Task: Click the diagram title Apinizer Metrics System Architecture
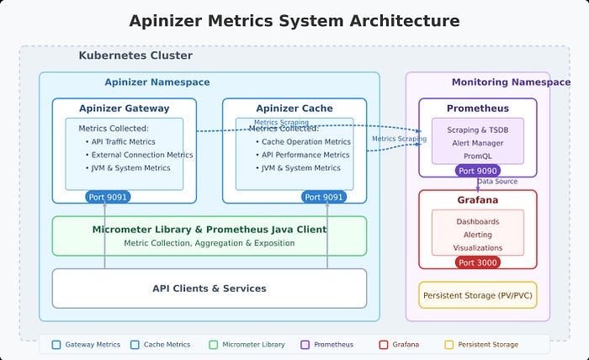pyautogui.click(x=294, y=21)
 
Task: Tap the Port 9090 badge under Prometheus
pyautogui.click(x=477, y=170)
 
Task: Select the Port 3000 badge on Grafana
pyautogui.click(x=477, y=262)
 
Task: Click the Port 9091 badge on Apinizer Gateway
pyautogui.click(x=109, y=197)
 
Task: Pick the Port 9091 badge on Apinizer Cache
pyautogui.click(x=324, y=197)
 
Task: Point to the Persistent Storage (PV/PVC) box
pyautogui.click(x=477, y=295)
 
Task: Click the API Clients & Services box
pyautogui.click(x=210, y=289)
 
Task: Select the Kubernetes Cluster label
pyautogui.click(x=135, y=56)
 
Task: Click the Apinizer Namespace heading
pyautogui.click(x=157, y=82)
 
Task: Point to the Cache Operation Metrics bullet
pyautogui.click(x=305, y=142)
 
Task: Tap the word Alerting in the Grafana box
pyautogui.click(x=477, y=235)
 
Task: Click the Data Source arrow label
pyautogui.click(x=497, y=182)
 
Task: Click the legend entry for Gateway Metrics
pyautogui.click(x=87, y=344)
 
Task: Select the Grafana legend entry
pyautogui.click(x=401, y=344)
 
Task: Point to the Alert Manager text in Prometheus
pyautogui.click(x=477, y=144)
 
